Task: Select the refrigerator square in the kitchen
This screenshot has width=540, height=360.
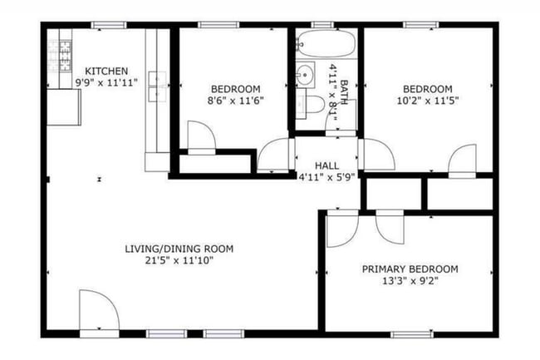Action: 64,106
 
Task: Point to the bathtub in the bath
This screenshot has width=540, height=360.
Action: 326,42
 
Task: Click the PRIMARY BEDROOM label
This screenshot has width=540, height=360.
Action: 410,269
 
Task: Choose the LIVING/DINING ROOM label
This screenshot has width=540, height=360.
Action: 179,249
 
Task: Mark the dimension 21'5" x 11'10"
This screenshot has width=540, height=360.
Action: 179,261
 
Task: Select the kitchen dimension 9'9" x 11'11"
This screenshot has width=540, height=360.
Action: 103,82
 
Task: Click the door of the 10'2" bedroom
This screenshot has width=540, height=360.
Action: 462,160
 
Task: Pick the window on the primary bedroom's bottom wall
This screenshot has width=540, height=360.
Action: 407,333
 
